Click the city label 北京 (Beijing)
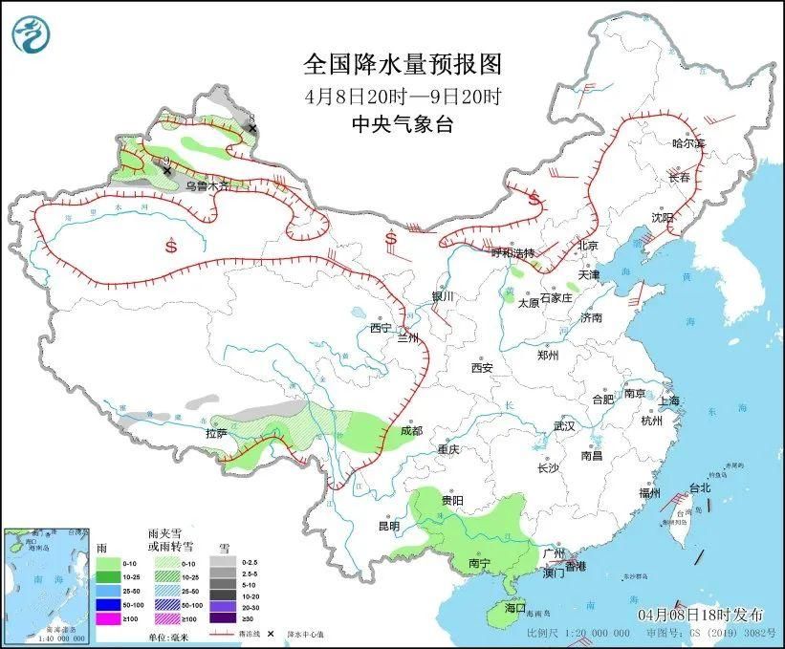[x=588, y=246]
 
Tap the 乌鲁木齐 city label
[x=207, y=186]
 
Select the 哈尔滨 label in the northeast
[x=687, y=143]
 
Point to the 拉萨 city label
[x=216, y=433]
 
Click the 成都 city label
[x=411, y=431]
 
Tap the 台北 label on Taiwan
[x=701, y=487]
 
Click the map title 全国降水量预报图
[x=402, y=64]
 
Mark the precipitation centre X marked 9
[x=167, y=171]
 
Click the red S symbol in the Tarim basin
[x=171, y=246]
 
